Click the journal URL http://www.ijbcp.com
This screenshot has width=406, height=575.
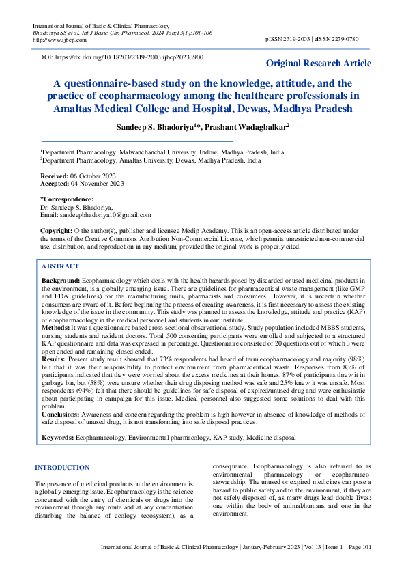pos(55,40)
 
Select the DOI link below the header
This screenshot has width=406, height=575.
pos(129,58)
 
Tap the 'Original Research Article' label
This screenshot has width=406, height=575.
pos(319,64)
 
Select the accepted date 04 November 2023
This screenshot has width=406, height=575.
pos(98,183)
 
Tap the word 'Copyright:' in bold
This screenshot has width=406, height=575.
pos(56,232)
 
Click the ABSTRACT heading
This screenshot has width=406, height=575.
pos(60,266)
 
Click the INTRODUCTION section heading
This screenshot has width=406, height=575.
pos(62,468)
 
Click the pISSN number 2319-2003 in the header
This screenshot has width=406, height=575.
pos(297,40)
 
